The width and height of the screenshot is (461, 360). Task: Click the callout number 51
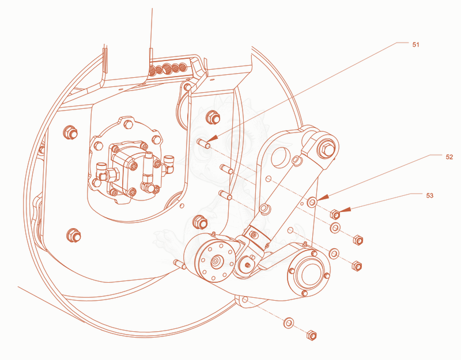click(x=415, y=45)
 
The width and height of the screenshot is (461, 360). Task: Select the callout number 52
click(x=449, y=157)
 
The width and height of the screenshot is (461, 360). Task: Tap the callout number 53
click(x=429, y=195)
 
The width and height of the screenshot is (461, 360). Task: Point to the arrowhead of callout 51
click(x=214, y=139)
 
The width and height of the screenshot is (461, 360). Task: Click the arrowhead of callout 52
click(x=322, y=198)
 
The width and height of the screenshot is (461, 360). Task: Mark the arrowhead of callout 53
click(x=345, y=210)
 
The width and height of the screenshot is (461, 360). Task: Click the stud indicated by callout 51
click(x=203, y=143)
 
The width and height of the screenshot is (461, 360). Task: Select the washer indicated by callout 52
click(x=312, y=202)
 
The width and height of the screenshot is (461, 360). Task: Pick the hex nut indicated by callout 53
click(x=335, y=214)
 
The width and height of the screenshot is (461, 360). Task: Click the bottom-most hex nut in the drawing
click(x=311, y=335)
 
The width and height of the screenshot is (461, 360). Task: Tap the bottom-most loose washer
click(x=289, y=323)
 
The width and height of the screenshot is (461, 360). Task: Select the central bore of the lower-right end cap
click(x=309, y=274)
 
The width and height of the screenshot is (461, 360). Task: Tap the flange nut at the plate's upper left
click(x=70, y=132)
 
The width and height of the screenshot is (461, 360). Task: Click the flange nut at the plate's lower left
click(x=74, y=236)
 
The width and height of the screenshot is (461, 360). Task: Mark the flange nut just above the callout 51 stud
click(x=213, y=117)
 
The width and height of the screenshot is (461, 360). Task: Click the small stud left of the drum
click(x=179, y=264)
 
